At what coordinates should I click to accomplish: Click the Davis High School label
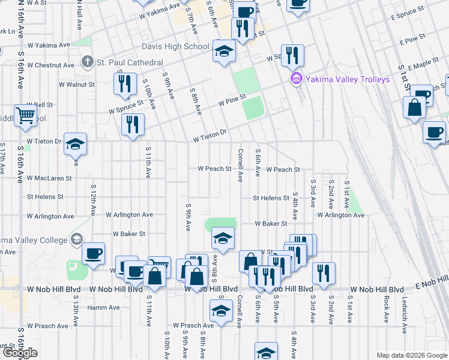[x=175, y=46]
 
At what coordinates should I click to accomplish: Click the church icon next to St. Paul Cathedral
[x=87, y=62]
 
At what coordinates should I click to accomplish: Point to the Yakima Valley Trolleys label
[x=348, y=79]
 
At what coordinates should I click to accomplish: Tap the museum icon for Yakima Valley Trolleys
[x=295, y=79]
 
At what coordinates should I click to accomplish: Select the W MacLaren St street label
[x=49, y=178]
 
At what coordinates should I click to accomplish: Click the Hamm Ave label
[x=103, y=308]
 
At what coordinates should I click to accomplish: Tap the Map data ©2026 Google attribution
[x=412, y=355]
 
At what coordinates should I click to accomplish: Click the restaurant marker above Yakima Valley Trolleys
[x=292, y=56]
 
